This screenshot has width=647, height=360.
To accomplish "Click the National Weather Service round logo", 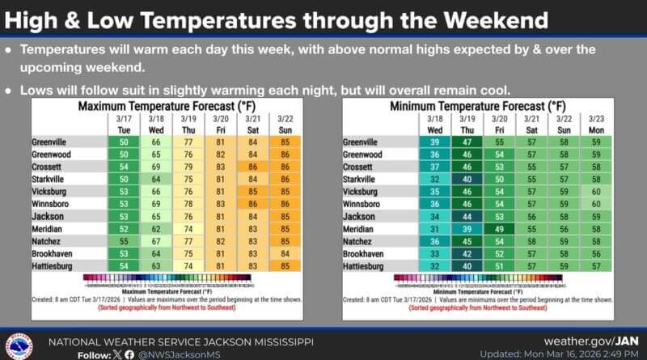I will coord(18,344).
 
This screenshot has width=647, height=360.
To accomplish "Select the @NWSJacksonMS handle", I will coord(175,353).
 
